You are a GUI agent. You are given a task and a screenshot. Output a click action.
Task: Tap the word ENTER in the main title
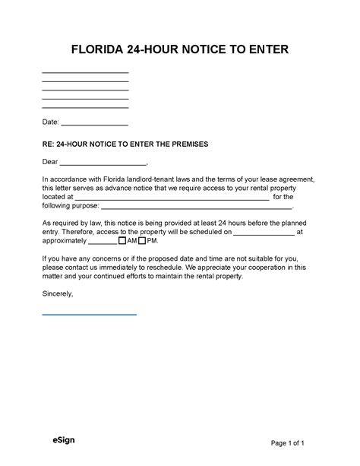267,51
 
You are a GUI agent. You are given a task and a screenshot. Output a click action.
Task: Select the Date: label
50,122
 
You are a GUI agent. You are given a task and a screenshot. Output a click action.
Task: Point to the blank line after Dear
103,164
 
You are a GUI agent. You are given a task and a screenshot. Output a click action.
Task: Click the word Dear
50,161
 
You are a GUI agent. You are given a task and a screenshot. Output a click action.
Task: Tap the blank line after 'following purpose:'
196,208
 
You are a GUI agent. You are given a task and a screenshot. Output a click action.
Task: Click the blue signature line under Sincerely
89,313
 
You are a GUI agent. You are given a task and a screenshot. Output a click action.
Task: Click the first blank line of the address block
85,71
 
